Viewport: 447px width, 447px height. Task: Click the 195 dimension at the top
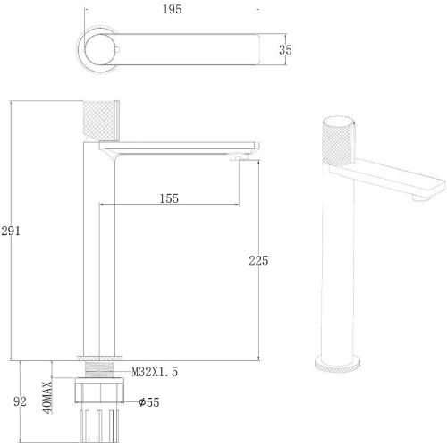173,9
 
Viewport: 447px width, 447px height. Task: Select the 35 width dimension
285,50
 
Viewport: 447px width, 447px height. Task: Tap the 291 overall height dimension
11,231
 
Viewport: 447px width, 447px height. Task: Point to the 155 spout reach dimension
169,198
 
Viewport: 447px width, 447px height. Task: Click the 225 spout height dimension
258,260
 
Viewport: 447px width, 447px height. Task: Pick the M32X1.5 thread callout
155,372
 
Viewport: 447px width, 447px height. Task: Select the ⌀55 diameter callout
149,402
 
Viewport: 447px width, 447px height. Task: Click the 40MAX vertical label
47,397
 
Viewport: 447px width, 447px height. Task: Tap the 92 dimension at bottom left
20,401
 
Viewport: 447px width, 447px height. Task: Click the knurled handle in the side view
101,121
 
